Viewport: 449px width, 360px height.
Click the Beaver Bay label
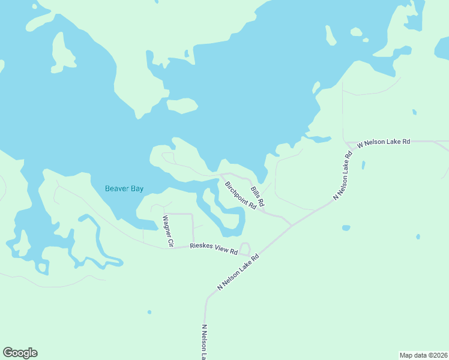pyautogui.click(x=124, y=188)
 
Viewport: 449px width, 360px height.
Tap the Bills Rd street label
pyautogui.click(x=258, y=196)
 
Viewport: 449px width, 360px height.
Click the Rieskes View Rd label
pyautogui.click(x=213, y=248)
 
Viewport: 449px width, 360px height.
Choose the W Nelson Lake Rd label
pyautogui.click(x=383, y=143)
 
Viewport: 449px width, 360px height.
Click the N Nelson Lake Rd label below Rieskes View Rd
pyautogui.click(x=238, y=272)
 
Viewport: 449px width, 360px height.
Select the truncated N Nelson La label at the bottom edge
pyautogui.click(x=205, y=343)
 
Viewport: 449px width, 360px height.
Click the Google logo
pyautogui.click(x=20, y=353)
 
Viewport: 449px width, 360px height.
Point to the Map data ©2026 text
pyautogui.click(x=423, y=355)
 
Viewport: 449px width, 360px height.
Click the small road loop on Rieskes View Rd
pyautogui.click(x=244, y=249)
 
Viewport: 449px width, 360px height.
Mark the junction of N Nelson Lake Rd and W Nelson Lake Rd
pyautogui.click(x=347, y=143)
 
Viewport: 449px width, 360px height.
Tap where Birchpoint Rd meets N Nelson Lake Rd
pyautogui.click(x=292, y=226)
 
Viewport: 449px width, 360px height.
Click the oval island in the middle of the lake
pyautogui.click(x=182, y=106)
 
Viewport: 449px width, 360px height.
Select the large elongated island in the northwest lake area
pyautogui.click(x=60, y=53)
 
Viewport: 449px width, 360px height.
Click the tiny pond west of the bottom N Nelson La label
pyautogui.click(x=149, y=312)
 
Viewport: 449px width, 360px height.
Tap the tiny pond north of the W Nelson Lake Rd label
pyautogui.click(x=414, y=112)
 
